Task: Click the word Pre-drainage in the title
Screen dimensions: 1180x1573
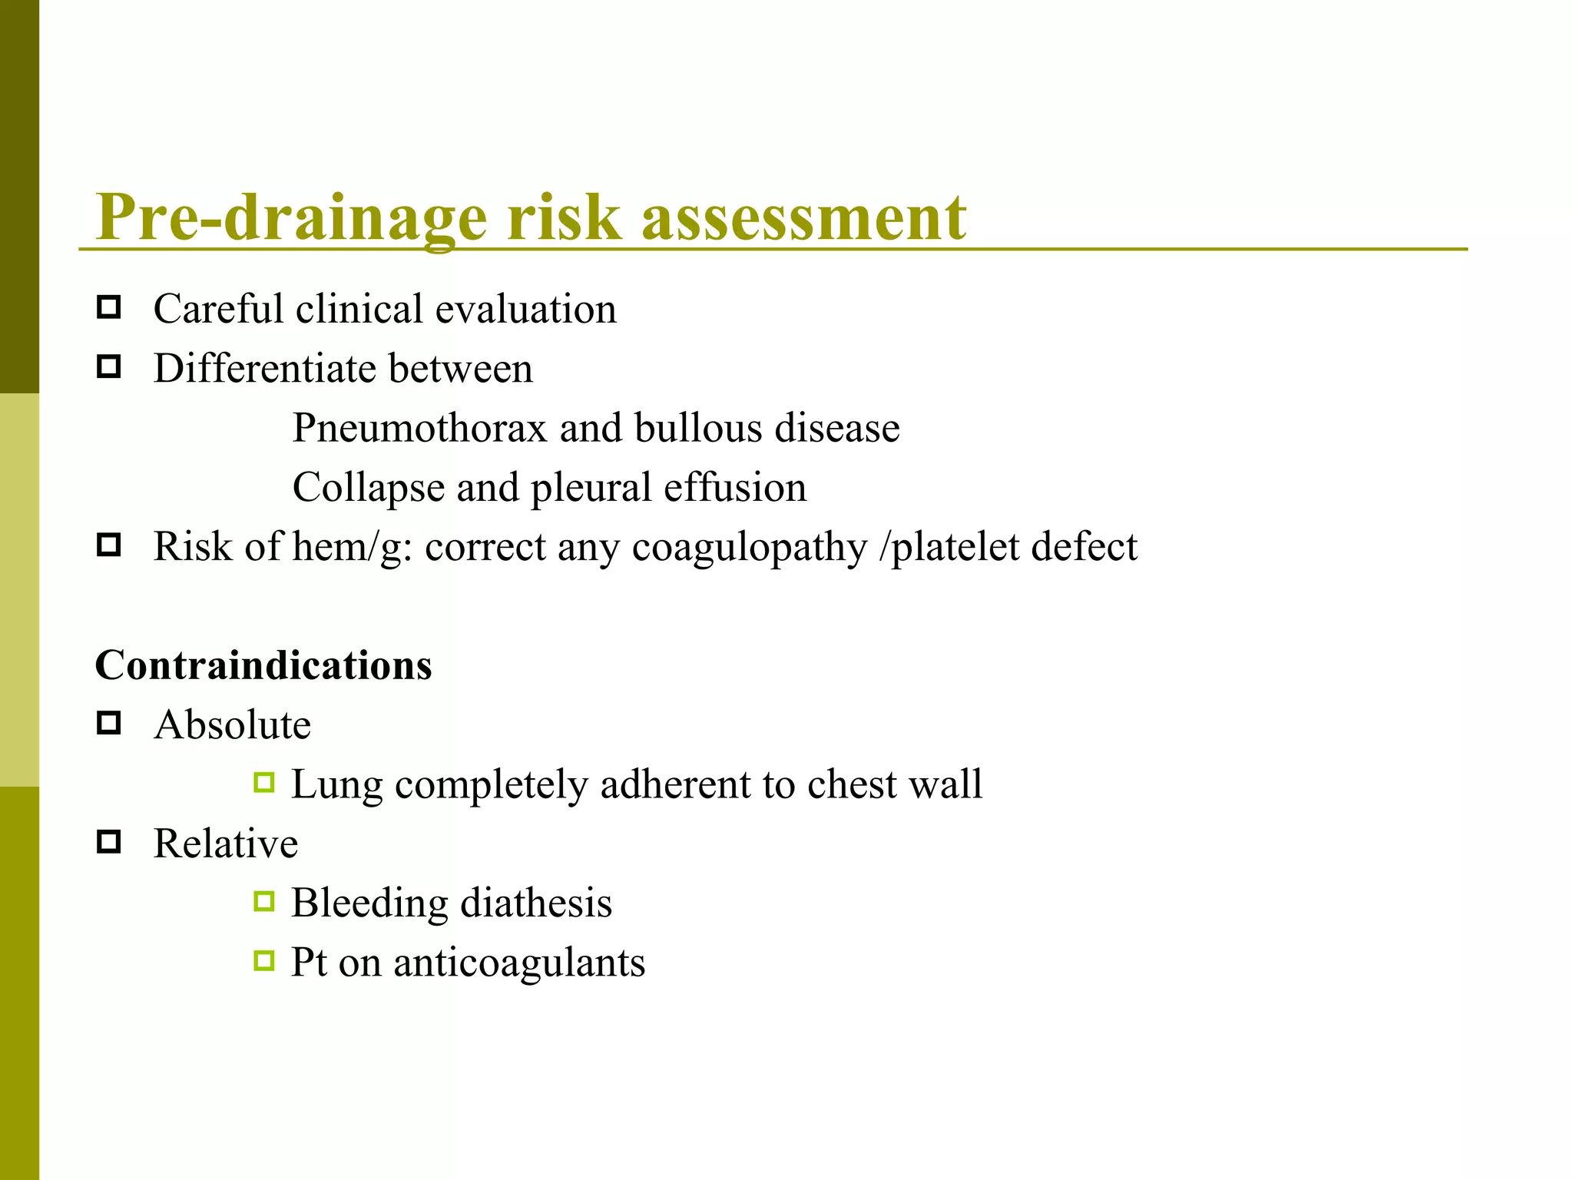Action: pos(292,217)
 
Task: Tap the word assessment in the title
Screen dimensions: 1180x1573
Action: pos(803,217)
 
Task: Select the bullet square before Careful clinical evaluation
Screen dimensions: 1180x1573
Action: pos(109,308)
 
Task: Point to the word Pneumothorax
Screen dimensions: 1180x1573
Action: pos(419,428)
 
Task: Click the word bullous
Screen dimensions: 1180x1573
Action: pos(698,428)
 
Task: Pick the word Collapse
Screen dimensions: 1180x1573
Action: pos(368,488)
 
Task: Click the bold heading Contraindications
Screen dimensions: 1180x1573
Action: pos(263,665)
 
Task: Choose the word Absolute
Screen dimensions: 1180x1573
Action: pos(232,725)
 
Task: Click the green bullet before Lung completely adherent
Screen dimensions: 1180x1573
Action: pos(264,784)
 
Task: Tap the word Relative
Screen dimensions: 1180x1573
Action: pos(226,844)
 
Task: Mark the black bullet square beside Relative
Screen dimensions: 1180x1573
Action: pos(109,843)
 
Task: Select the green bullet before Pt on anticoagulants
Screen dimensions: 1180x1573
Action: pos(264,961)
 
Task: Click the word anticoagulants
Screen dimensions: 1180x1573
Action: pos(519,963)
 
